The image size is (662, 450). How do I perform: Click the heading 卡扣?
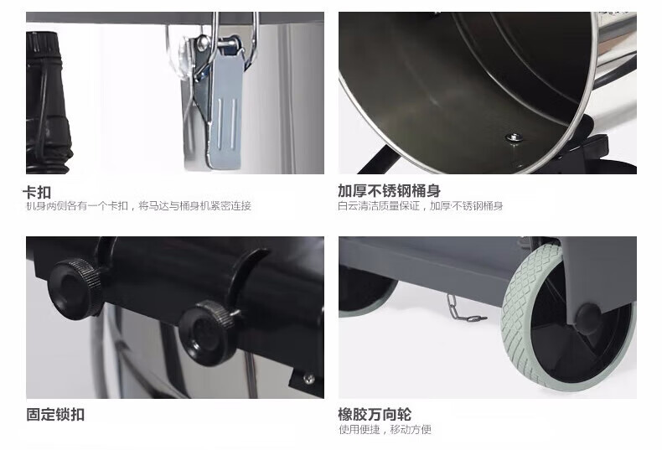click(37, 193)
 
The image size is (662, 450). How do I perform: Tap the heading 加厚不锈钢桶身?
click(389, 191)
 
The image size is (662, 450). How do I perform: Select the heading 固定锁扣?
click(55, 414)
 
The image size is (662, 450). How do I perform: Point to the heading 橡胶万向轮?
click(375, 414)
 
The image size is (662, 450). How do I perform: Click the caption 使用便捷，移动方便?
click(385, 430)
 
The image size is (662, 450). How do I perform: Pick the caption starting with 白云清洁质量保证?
click(421, 206)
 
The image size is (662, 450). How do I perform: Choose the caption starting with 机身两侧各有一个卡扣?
click(138, 206)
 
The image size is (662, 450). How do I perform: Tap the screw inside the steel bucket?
click(514, 137)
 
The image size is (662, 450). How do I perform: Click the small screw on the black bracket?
click(309, 378)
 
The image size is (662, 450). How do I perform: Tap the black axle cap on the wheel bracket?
click(588, 318)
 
